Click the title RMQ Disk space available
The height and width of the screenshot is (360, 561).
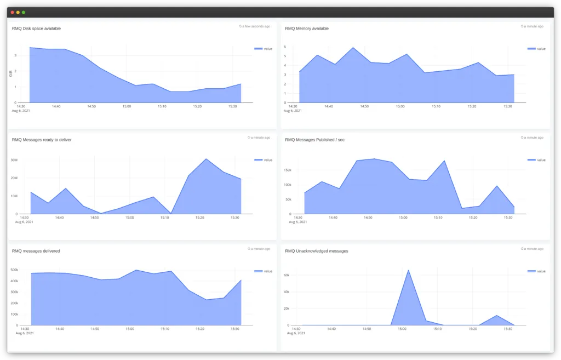pyautogui.click(x=36, y=28)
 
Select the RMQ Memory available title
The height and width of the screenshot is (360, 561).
pyautogui.click(x=307, y=28)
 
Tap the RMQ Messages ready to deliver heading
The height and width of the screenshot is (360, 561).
pyautogui.click(x=42, y=140)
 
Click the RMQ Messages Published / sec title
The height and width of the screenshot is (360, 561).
pyautogui.click(x=314, y=140)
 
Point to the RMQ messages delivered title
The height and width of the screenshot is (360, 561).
pyautogui.click(x=36, y=251)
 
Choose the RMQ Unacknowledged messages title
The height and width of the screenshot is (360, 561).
pyautogui.click(x=317, y=251)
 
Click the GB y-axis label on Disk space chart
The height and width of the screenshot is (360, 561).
pyautogui.click(x=10, y=74)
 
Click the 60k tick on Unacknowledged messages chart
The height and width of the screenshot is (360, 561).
pyautogui.click(x=286, y=275)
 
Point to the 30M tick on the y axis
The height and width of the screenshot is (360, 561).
pyautogui.click(x=14, y=160)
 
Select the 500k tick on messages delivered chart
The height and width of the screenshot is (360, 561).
pyautogui.click(x=14, y=270)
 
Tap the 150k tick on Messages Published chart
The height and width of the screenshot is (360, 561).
pyautogui.click(x=287, y=170)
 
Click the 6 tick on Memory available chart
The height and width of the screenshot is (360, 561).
pyautogui.click(x=285, y=47)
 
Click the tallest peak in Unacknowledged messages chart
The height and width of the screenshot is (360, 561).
pyautogui.click(x=408, y=270)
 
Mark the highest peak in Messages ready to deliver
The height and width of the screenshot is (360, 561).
pyautogui.click(x=205, y=159)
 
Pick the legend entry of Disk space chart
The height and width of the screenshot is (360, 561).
pyautogui.click(x=263, y=49)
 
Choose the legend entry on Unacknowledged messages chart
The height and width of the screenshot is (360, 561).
pyautogui.click(x=536, y=271)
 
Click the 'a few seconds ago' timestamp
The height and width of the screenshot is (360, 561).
pyautogui.click(x=254, y=26)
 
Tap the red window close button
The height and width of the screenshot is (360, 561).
pyautogui.click(x=13, y=12)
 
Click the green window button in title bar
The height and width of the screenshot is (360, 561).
pyautogui.click(x=24, y=12)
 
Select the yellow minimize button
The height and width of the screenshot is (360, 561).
pyautogui.click(x=18, y=12)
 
